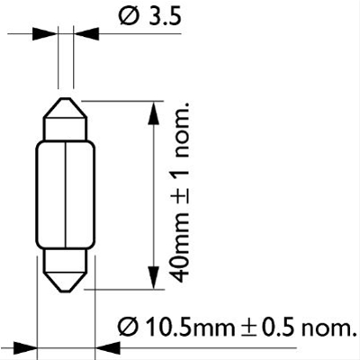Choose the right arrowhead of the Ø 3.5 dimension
point(82,34)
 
